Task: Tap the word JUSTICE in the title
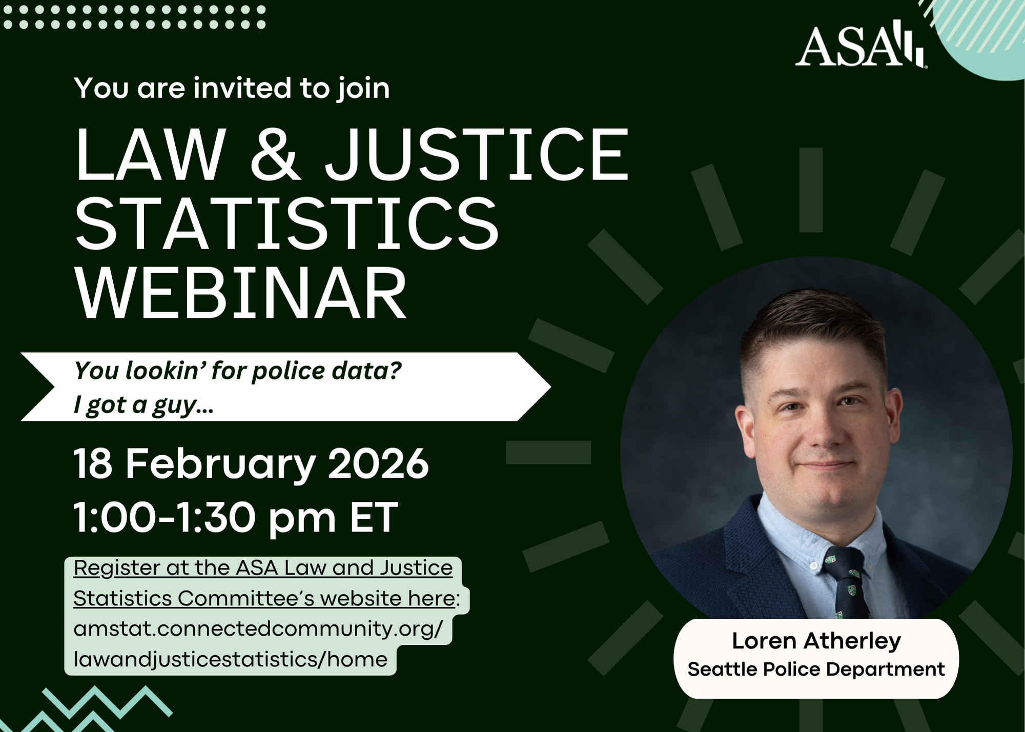tap(477, 154)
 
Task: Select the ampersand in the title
tap(275, 154)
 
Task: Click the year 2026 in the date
tap(378, 463)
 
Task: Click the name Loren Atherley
tap(816, 641)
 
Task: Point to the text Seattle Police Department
tap(816, 669)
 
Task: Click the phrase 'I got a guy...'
tap(144, 405)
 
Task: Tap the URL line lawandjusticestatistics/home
tap(231, 659)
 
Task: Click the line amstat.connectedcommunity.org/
tap(258, 629)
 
